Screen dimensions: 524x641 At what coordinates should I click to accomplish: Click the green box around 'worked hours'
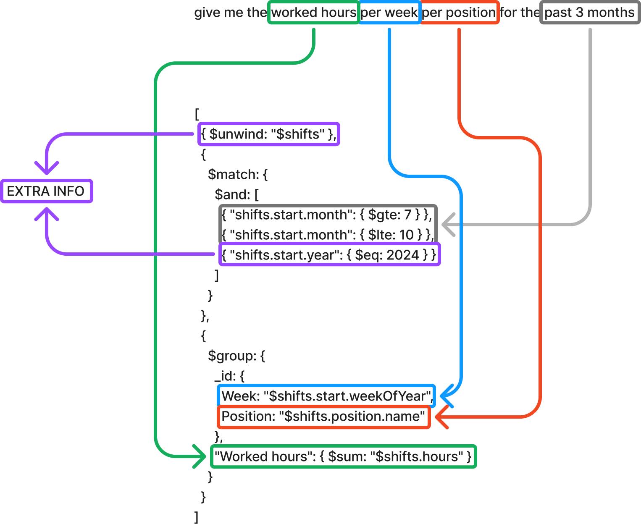(313, 13)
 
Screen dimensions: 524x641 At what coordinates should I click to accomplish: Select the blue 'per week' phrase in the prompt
(389, 13)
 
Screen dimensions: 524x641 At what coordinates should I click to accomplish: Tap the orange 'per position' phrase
(459, 13)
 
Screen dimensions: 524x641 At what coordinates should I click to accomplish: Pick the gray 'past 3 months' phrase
(590, 13)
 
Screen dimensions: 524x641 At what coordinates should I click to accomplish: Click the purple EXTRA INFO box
(46, 191)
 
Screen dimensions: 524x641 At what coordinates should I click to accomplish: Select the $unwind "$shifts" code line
(268, 134)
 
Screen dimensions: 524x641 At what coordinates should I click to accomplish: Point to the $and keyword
(231, 194)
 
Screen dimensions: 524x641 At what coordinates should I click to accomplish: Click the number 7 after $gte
(407, 215)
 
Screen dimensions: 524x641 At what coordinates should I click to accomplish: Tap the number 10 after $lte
(406, 235)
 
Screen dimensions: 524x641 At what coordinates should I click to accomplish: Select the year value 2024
(402, 255)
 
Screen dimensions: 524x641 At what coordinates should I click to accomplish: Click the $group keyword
(231, 356)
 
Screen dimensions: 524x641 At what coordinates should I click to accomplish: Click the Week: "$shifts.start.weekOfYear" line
(326, 396)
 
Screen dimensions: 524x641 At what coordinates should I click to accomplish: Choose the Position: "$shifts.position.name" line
(323, 417)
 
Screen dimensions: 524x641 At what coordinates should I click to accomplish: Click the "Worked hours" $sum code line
(343, 456)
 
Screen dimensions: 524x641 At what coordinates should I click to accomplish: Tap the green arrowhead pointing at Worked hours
(201, 456)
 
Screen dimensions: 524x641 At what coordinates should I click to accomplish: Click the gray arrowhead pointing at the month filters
(448, 225)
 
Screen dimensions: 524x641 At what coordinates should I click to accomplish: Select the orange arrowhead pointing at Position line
(441, 417)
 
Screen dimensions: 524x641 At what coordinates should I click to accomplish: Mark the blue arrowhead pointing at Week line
(446, 396)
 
